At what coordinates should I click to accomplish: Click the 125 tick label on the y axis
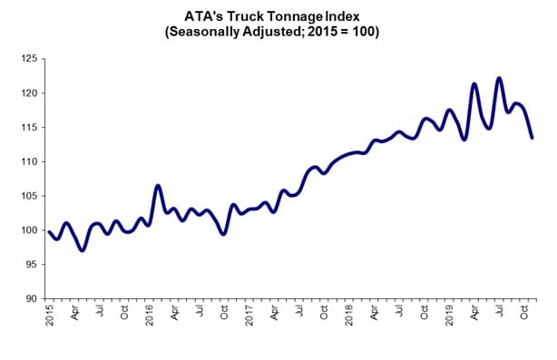coord(30,59)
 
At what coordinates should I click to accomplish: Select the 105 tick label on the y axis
coord(30,196)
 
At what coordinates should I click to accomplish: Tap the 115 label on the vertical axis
coord(30,128)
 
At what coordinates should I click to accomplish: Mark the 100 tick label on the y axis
coord(30,230)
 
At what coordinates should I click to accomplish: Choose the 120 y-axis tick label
coord(30,93)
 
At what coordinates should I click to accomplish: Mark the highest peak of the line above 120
coord(499,78)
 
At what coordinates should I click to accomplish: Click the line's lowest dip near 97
coord(83,249)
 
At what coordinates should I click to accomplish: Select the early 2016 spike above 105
coord(158,186)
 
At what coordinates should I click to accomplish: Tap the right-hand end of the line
coord(532,138)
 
